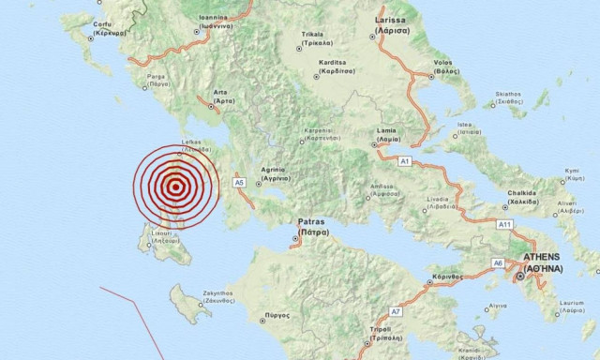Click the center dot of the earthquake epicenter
coord(175,186)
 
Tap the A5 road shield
coord(239,182)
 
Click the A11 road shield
coord(504,225)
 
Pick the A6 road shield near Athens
coord(499,262)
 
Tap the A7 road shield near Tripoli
coord(396,310)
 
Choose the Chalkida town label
coord(522,197)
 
